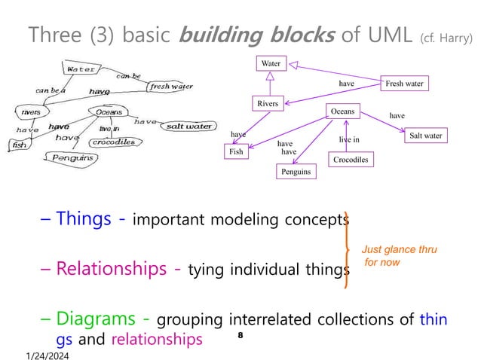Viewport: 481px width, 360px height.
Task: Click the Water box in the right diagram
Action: coord(271,64)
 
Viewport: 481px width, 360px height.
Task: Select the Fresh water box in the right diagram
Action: coord(404,84)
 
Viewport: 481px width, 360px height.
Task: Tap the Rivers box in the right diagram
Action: coord(266,103)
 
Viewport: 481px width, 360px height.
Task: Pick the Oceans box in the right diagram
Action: coord(343,112)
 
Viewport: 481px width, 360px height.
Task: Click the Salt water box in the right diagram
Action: coord(425,136)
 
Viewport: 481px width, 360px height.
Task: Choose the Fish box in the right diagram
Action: coord(237,152)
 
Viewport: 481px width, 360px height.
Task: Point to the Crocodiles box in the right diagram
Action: coord(350,160)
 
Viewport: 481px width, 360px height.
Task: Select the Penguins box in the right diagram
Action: coord(296,172)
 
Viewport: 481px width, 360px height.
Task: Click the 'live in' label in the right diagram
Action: coord(349,139)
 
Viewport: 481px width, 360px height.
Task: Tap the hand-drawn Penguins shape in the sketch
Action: coord(72,157)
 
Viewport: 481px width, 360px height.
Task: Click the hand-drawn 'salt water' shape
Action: coord(188,126)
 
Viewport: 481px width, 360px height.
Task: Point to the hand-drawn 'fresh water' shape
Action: coord(170,87)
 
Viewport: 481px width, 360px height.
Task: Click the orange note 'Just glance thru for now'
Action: coord(399,255)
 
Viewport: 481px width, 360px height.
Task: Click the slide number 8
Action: coord(240,333)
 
